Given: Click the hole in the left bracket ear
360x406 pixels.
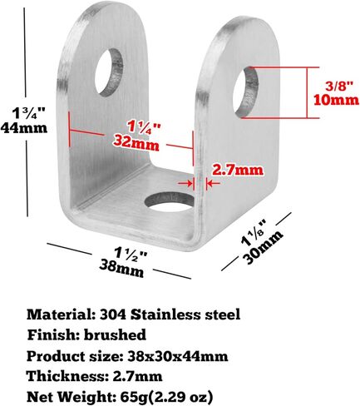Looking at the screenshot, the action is click(x=109, y=72).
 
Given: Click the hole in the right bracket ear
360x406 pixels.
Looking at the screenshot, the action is click(x=246, y=92).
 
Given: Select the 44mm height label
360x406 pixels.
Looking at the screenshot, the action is click(x=24, y=128).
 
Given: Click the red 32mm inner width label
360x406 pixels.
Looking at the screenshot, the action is click(x=136, y=144).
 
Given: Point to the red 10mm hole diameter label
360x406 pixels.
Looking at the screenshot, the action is click(x=336, y=100).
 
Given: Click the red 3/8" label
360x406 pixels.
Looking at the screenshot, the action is click(x=338, y=87).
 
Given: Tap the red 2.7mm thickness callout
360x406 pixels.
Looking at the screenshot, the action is click(x=237, y=170).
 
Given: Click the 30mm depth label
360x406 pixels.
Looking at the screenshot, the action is click(x=264, y=246).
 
